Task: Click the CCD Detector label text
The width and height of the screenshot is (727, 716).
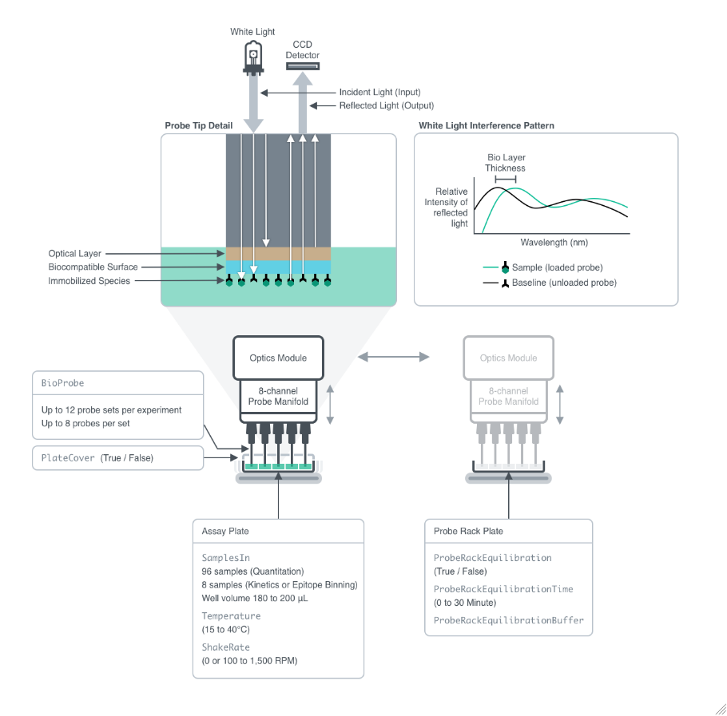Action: (303, 49)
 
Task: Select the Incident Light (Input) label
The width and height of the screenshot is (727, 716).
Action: (379, 93)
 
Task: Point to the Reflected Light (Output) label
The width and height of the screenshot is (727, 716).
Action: (386, 106)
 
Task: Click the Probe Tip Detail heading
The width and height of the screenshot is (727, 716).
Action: (198, 126)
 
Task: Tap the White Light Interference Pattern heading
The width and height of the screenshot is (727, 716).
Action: (487, 126)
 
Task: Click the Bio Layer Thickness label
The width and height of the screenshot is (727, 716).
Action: (506, 163)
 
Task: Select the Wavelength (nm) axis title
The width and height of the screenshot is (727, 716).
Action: (554, 242)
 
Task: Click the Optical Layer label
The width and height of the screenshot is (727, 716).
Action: (74, 254)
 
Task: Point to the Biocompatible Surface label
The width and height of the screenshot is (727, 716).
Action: (93, 267)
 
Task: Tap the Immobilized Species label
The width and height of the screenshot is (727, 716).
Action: (89, 281)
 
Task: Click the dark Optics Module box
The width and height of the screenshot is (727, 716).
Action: (278, 358)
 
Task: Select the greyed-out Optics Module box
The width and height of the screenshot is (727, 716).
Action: (508, 358)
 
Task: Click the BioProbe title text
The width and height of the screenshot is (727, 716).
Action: (62, 383)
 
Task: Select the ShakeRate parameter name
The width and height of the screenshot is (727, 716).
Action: (225, 647)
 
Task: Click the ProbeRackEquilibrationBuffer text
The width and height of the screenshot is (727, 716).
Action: (508, 620)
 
